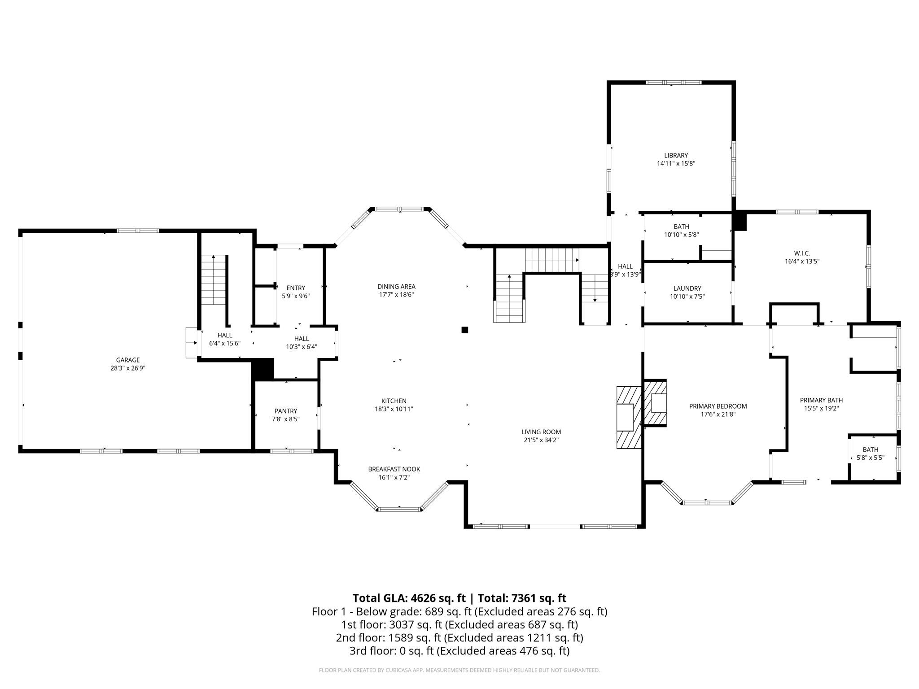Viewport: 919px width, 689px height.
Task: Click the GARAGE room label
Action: pos(128,360)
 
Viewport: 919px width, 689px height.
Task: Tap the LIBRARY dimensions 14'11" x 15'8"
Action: pos(676,164)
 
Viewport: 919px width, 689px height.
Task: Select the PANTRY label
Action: pos(286,411)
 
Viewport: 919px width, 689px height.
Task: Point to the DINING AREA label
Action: pos(396,287)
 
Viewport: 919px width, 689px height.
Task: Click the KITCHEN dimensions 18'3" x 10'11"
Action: pos(394,409)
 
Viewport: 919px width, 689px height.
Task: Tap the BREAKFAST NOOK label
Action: pos(394,469)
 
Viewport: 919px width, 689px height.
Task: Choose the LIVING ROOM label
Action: pos(541,432)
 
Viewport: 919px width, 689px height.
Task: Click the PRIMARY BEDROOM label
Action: pos(718,406)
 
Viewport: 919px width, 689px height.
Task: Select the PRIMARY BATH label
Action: pos(821,400)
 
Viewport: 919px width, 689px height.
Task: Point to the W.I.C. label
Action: pos(802,253)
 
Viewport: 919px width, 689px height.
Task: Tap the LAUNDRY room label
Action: pos(687,288)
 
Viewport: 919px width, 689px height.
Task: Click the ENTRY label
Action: pos(296,288)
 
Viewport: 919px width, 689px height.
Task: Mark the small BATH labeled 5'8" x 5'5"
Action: pos(870,449)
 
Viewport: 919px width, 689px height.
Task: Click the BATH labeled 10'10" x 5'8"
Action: pos(681,227)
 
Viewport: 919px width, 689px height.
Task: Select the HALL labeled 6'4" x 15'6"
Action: pos(225,335)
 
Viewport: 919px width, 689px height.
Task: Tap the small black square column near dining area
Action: pos(465,330)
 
